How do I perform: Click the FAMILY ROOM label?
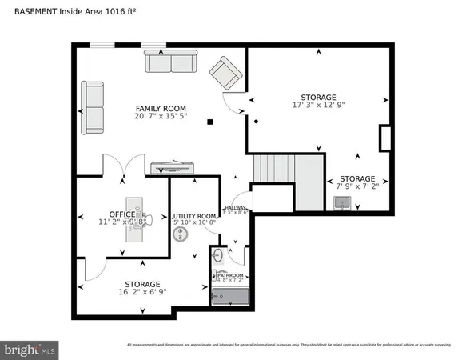[161, 108]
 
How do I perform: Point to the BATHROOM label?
[229, 274]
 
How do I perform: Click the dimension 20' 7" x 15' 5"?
[161, 118]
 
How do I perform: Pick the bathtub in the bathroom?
[230, 298]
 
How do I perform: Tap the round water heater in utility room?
[181, 234]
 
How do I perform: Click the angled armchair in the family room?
[225, 75]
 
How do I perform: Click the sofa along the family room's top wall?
[170, 61]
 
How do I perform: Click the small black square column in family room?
[210, 122]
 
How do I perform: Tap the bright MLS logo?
[30, 349]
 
